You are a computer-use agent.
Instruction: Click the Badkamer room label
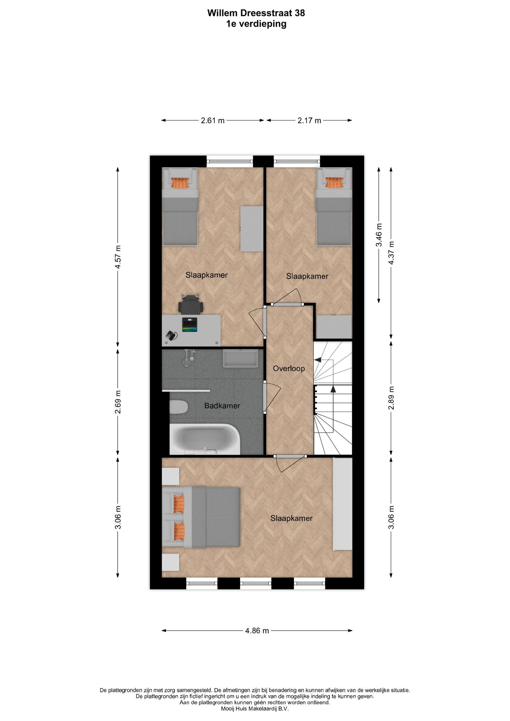tap(222, 406)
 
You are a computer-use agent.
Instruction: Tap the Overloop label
tap(289, 369)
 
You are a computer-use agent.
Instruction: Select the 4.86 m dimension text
tap(257, 631)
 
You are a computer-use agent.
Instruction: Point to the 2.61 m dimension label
tap(213, 120)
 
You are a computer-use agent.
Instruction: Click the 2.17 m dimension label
tap(309, 120)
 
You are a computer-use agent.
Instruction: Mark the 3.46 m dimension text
tap(379, 235)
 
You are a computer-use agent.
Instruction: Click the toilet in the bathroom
tap(179, 407)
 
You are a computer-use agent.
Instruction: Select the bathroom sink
tap(241, 358)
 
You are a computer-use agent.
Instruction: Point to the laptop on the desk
tap(190, 325)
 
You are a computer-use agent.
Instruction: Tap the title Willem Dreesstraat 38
tap(256, 13)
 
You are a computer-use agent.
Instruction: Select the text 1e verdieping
tap(256, 24)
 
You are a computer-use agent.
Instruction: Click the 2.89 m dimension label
tap(391, 398)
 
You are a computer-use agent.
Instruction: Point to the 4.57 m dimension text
tap(118, 257)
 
